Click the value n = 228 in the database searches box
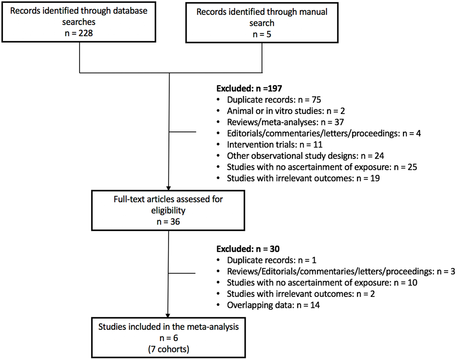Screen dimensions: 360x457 [79, 33]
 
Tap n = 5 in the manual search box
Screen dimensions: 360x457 [262, 34]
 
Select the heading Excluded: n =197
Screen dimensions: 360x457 [249, 88]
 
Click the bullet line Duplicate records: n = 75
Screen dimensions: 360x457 [274, 100]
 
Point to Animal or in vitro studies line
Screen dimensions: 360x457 [286, 111]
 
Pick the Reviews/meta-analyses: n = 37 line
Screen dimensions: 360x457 [285, 122]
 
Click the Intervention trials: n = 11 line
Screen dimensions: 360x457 [274, 145]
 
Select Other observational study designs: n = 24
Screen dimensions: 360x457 [305, 156]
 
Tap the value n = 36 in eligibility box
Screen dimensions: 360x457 [168, 222]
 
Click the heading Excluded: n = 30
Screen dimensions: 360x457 [248, 249]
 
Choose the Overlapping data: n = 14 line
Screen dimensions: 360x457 [273, 305]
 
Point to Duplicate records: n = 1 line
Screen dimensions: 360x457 [271, 260]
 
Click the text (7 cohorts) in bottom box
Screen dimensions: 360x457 [169, 349]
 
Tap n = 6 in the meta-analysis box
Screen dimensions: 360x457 [169, 338]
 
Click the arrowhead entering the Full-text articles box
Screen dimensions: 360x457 [168, 188]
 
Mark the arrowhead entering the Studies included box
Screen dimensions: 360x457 [168, 315]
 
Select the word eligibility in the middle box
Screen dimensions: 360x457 [168, 210]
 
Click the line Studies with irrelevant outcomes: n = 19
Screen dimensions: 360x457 [303, 178]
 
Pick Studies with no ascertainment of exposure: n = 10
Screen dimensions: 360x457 [322, 283]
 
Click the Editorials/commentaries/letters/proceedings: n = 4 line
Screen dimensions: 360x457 [324, 134]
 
